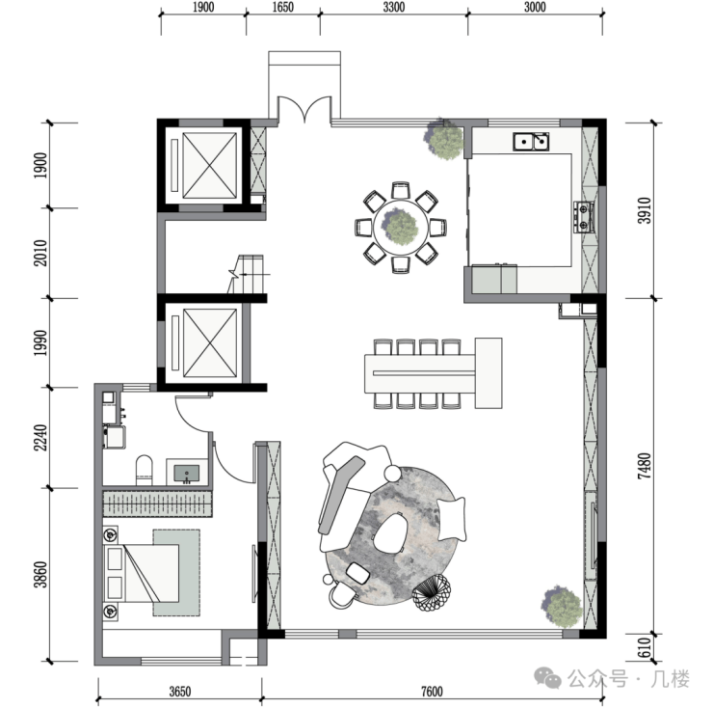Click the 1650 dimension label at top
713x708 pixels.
pyautogui.click(x=283, y=7)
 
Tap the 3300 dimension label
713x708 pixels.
pyautogui.click(x=394, y=7)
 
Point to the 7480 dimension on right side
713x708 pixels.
pyautogui.click(x=645, y=466)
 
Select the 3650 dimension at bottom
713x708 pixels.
pyautogui.click(x=180, y=692)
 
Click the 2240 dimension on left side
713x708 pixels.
pyautogui.click(x=40, y=438)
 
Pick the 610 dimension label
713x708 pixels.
pyautogui.click(x=645, y=648)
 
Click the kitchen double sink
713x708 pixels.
pyautogui.click(x=531, y=142)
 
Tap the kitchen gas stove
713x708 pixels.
pyautogui.click(x=583, y=217)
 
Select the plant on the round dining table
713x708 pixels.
pyautogui.click(x=400, y=227)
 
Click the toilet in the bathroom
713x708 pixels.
pyautogui.click(x=145, y=471)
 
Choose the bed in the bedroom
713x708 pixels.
pyautogui.click(x=143, y=573)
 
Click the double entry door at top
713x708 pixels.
pyautogui.click(x=304, y=109)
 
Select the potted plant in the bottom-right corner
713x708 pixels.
pyautogui.click(x=562, y=606)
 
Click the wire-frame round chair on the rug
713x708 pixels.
pyautogui.click(x=432, y=592)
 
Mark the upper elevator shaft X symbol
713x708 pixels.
pyautogui.click(x=210, y=165)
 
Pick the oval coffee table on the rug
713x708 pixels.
pyautogui.click(x=390, y=532)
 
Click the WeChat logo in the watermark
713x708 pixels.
pyautogui.click(x=547, y=678)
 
